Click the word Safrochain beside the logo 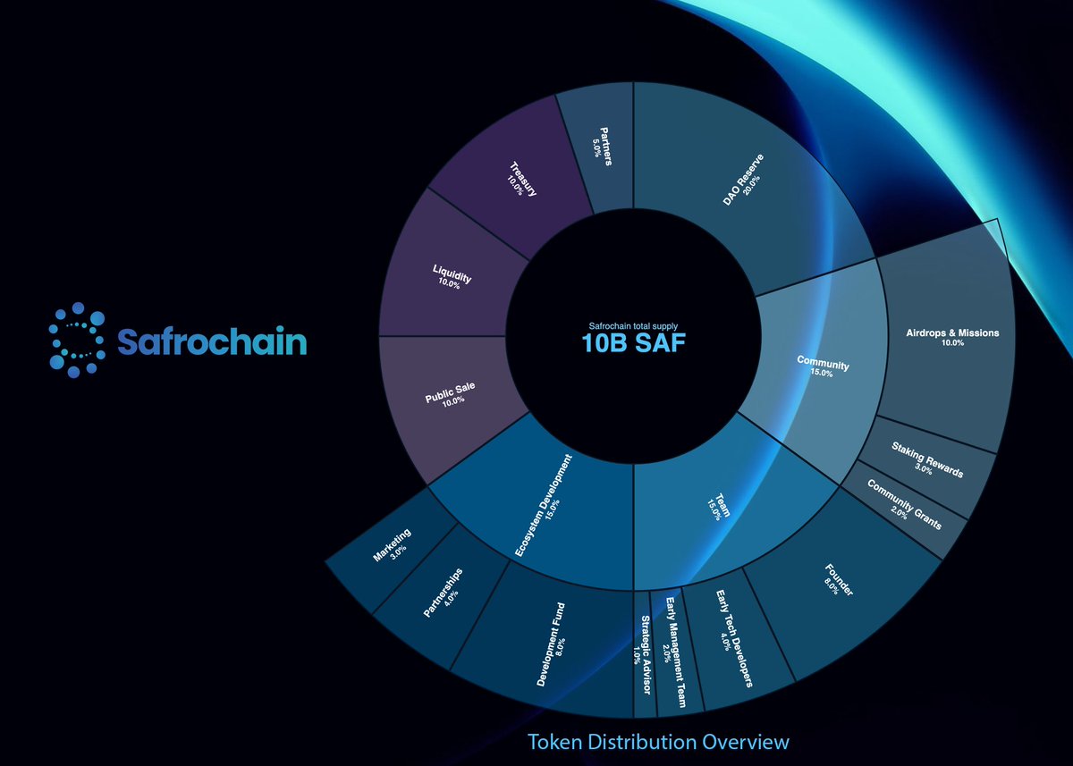[212, 341]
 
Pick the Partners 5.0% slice [597, 147]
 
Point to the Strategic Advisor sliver [643, 652]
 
